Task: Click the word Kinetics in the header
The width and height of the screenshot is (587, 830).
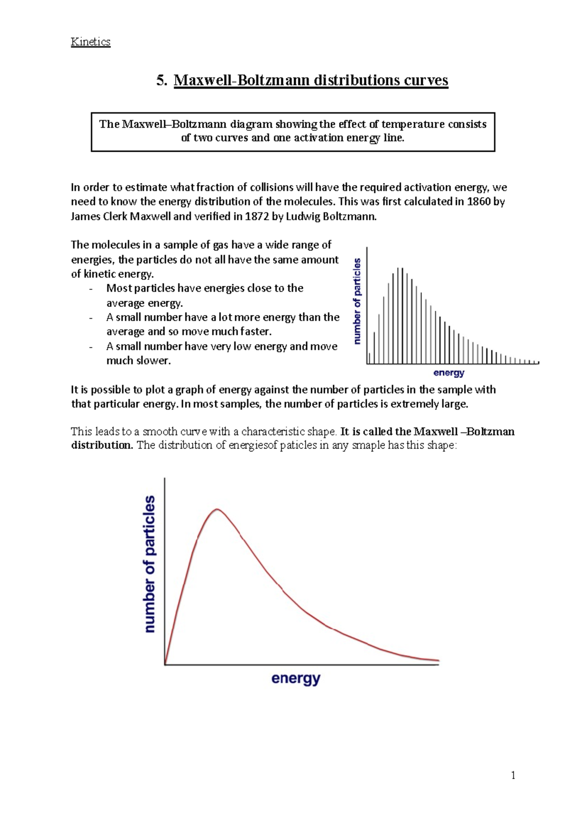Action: (90, 42)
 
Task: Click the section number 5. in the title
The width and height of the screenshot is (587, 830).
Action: (162, 80)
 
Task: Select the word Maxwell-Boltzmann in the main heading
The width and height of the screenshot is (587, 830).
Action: (242, 80)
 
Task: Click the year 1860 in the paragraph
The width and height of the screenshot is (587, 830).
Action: (478, 202)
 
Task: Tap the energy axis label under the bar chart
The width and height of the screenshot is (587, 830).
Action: (449, 373)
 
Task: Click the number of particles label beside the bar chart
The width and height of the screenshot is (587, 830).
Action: (357, 301)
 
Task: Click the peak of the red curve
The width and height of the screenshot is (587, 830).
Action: (217, 509)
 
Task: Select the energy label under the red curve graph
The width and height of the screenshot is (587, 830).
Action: (295, 679)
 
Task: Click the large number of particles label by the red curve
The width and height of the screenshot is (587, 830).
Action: (150, 564)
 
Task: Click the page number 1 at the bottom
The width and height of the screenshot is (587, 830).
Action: (513, 775)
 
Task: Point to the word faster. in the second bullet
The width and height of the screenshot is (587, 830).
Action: (255, 332)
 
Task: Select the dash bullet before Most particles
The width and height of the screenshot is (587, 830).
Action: (91, 289)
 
